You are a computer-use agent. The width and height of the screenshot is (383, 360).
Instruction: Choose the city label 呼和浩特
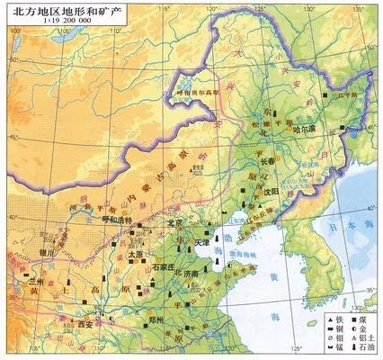pos(114,220)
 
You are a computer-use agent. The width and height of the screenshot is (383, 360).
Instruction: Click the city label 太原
pos(134,255)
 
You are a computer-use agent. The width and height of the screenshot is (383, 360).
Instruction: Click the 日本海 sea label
pos(356,230)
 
